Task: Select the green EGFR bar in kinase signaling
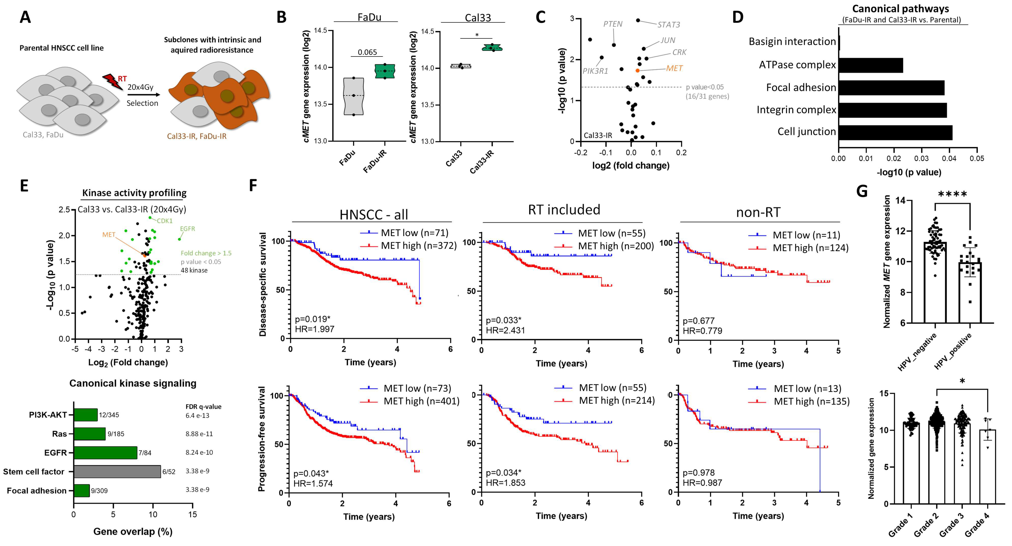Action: pos(105,452)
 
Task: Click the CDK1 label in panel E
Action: pos(165,221)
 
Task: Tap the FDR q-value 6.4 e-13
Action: pos(197,415)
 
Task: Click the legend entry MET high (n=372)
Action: pos(418,246)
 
